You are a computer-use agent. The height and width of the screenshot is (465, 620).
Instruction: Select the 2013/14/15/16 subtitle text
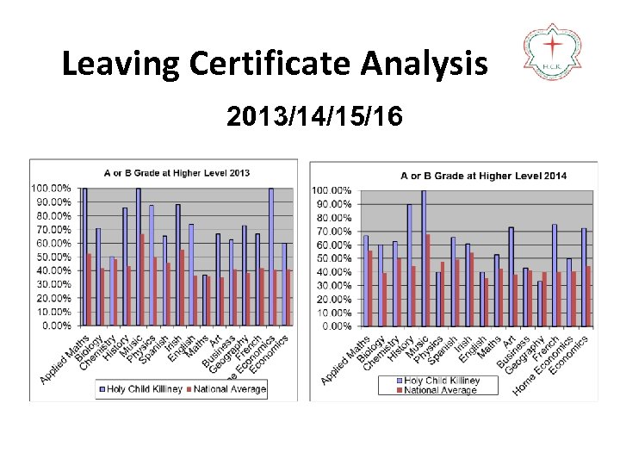314,116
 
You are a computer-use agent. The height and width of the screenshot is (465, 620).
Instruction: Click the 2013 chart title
177,172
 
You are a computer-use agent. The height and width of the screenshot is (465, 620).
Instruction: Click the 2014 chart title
483,176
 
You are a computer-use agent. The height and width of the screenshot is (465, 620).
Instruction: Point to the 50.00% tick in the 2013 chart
51,257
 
